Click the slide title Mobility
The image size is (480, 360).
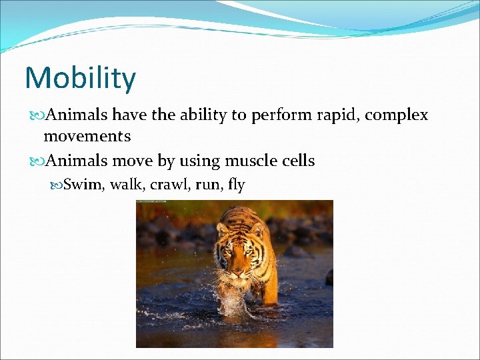80,79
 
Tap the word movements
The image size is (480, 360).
87,137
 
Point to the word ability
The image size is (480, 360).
203,115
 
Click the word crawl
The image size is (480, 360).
167,185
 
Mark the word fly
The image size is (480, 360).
236,185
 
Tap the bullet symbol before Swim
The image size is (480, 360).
56,185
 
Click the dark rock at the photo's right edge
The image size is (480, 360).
329,277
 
